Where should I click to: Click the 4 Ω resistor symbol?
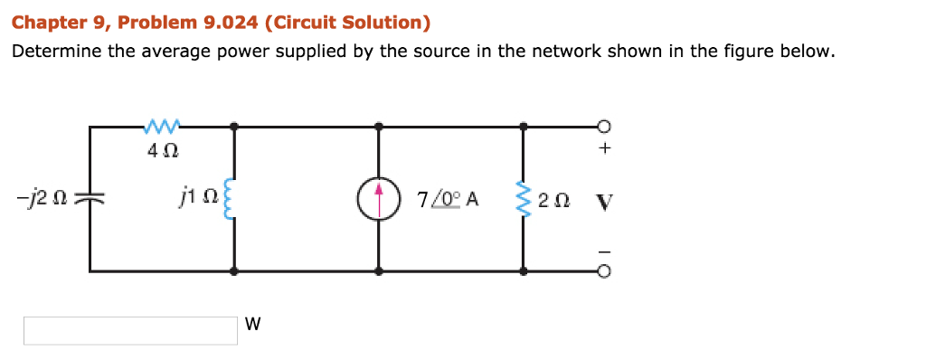click(162, 122)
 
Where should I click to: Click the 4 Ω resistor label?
click(162, 149)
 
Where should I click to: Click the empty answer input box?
click(130, 330)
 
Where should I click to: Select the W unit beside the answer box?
click(252, 324)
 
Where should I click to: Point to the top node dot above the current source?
click(378, 125)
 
